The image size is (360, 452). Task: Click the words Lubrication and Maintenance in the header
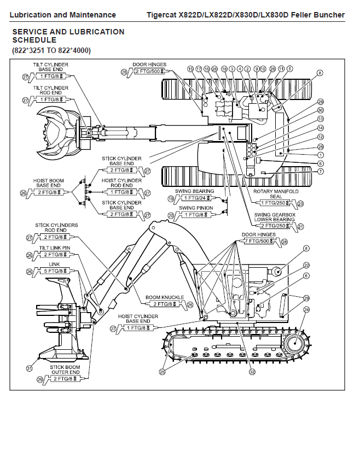point(63,15)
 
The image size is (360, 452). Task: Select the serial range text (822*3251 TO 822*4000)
point(51,50)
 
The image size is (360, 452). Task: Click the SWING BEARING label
point(196,191)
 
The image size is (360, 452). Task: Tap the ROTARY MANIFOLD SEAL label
point(275,195)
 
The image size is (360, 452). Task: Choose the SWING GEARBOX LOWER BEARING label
point(274,217)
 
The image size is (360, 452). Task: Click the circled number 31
point(29,368)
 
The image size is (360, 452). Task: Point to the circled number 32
point(252,373)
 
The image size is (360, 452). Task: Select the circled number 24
point(306,309)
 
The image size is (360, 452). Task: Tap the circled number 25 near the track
point(162,372)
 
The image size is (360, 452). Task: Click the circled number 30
point(321,110)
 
